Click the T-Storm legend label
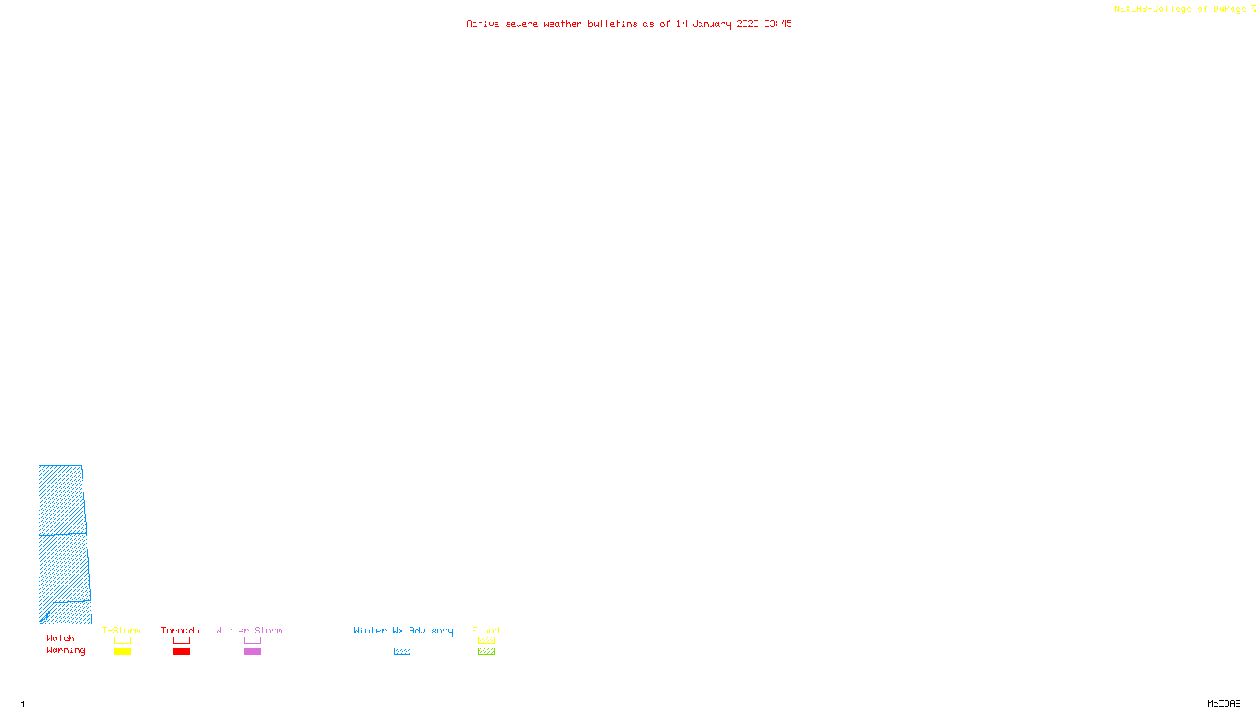pyautogui.click(x=121, y=630)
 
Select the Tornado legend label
pyautogui.click(x=180, y=630)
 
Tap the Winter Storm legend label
pyautogui.click(x=249, y=630)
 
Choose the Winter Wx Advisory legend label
pyautogui.click(x=403, y=630)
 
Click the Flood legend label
pyautogui.click(x=486, y=630)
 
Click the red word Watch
pyautogui.click(x=61, y=638)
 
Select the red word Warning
pyautogui.click(x=65, y=651)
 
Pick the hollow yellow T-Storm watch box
pyautogui.click(x=122, y=640)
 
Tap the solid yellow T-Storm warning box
pyautogui.click(x=122, y=651)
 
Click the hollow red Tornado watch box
pyautogui.click(x=181, y=640)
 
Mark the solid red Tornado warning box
pyautogui.click(x=181, y=651)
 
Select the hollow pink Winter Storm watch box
pyautogui.click(x=252, y=640)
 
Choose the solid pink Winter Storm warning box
pyautogui.click(x=252, y=651)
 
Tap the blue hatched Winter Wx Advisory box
pyautogui.click(x=402, y=651)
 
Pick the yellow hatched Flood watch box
pyautogui.click(x=486, y=640)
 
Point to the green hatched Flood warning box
pyautogui.click(x=486, y=651)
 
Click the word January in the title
pyautogui.click(x=711, y=24)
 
